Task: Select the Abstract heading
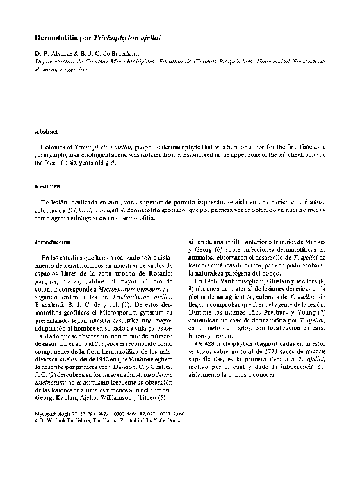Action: pyautogui.click(x=46, y=131)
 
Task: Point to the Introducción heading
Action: pyautogui.click(x=53, y=242)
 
